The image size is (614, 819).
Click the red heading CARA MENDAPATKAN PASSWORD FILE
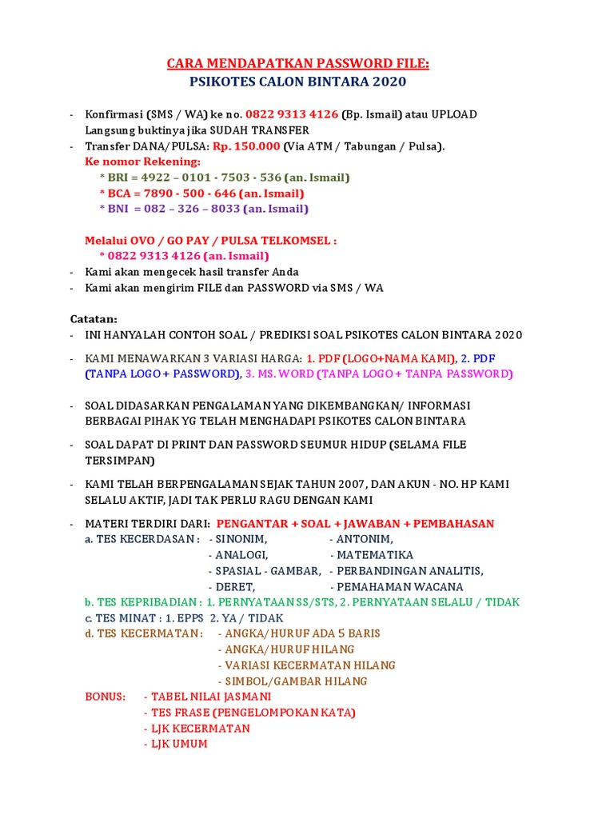(x=297, y=63)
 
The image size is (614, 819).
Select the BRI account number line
(x=225, y=178)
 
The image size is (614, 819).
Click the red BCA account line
(x=201, y=194)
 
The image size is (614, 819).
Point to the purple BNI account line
(x=204, y=209)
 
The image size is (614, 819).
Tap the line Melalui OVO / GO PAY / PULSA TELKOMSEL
(x=211, y=240)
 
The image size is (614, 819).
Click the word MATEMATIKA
(x=371, y=555)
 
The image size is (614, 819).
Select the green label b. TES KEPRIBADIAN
(x=142, y=602)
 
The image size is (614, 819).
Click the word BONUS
(x=106, y=697)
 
